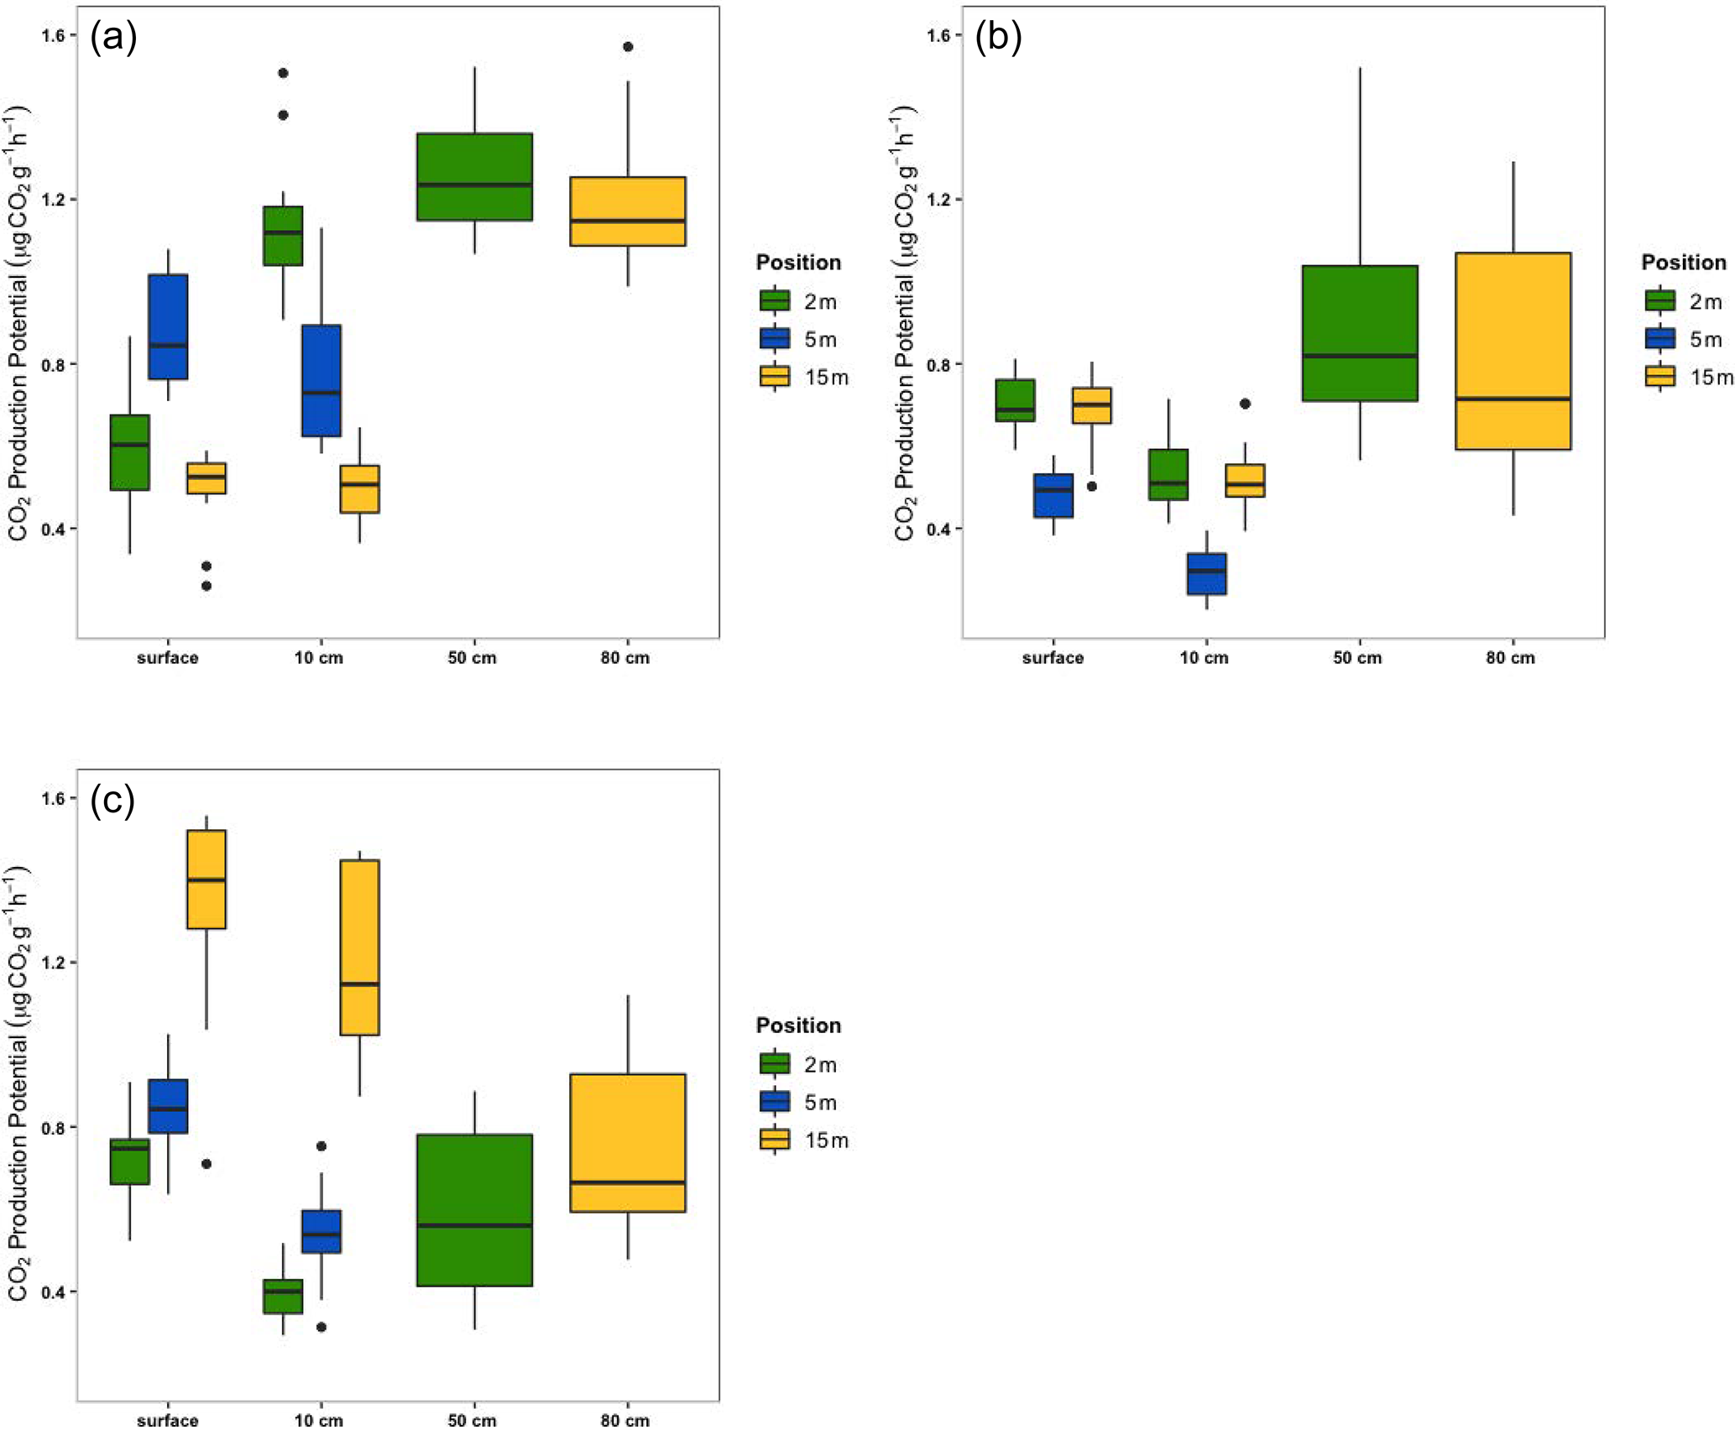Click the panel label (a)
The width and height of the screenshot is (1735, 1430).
[x=113, y=39]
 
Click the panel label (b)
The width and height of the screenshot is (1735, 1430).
[x=998, y=39]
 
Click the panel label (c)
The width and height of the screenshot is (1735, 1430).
[x=112, y=801]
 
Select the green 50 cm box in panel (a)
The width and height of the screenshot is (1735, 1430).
[x=474, y=176]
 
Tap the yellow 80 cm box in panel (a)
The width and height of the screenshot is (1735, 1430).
[x=628, y=211]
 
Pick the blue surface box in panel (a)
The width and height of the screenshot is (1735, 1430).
[x=168, y=326]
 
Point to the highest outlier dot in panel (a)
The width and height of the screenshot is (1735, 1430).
[x=628, y=47]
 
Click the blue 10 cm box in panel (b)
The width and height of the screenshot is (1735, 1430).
[x=1206, y=574]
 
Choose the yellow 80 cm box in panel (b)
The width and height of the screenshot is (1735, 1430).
[x=1513, y=351]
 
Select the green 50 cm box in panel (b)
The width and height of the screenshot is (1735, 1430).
[x=1360, y=333]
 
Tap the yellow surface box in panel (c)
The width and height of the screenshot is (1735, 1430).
[x=206, y=879]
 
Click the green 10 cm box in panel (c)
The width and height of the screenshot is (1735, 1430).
[x=283, y=1296]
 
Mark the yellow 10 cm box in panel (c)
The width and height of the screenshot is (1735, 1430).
[x=359, y=947]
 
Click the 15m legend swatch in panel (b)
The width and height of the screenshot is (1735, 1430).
[x=1660, y=377]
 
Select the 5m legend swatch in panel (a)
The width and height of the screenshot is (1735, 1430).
[x=774, y=339]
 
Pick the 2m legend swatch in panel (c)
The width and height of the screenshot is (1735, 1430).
[x=774, y=1064]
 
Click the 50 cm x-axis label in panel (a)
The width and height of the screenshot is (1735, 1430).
[x=472, y=658]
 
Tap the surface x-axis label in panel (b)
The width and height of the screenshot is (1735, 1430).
[x=1053, y=658]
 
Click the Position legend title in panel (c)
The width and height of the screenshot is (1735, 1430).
[x=798, y=1026]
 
